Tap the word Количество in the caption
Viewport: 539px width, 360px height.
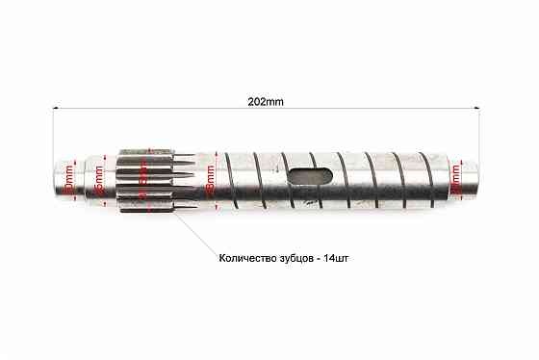(x=246, y=257)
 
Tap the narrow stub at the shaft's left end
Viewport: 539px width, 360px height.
(x=66, y=180)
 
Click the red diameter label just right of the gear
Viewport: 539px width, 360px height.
(x=210, y=180)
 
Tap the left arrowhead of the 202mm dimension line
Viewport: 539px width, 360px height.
(x=55, y=112)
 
